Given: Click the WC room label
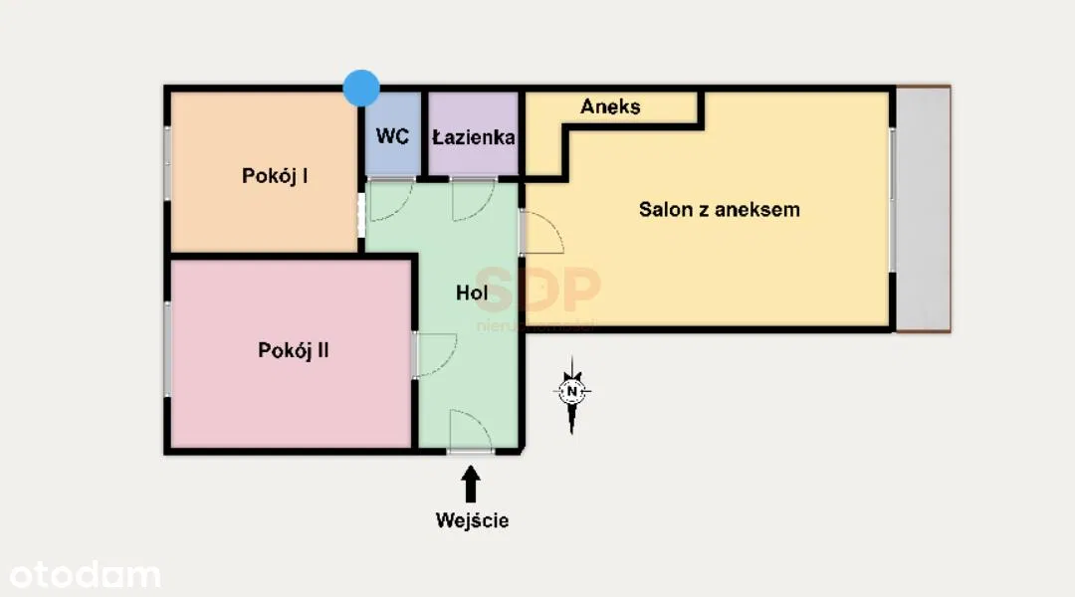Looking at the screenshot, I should click(393, 136).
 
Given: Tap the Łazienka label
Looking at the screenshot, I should click(474, 136).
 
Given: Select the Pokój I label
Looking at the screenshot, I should click(275, 176).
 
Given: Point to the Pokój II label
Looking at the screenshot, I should click(294, 350).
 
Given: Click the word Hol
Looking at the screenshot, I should click(472, 293).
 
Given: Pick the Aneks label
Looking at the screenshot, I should click(610, 106).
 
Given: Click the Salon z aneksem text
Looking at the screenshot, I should click(719, 210).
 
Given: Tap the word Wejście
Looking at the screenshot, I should click(472, 519).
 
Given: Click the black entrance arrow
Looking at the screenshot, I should click(471, 485).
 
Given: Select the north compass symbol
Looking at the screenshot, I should click(572, 392).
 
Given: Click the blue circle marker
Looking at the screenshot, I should click(361, 88).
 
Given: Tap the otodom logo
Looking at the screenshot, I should click(85, 575).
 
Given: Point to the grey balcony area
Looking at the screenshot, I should click(923, 209).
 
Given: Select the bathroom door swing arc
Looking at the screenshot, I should click(473, 199).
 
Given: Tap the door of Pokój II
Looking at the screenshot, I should click(436, 354).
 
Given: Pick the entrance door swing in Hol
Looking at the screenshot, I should click(470, 431).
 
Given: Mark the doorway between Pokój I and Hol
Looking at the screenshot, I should click(361, 214).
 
